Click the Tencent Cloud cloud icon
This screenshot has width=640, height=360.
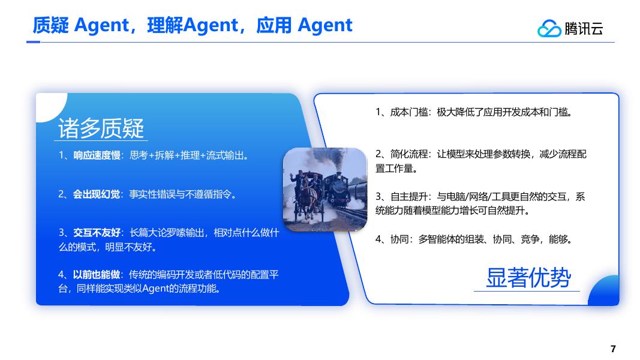[549, 28]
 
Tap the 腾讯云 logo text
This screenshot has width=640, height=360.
[584, 28]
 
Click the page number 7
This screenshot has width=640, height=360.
[612, 349]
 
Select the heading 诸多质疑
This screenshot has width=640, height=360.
[101, 128]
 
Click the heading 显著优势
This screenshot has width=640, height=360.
[528, 277]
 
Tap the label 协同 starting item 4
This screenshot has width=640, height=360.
[398, 239]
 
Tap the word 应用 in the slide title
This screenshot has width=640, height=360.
[274, 25]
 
